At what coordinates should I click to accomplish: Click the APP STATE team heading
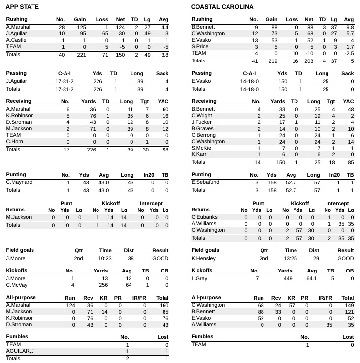pos(22,7)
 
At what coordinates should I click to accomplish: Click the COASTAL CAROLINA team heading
pos(222,7)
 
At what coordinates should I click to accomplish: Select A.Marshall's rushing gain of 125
pos(79,27)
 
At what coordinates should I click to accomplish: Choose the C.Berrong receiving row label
pos(203,135)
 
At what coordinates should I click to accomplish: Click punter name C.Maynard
pos(19,182)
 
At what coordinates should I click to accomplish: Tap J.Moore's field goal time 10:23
pos(105,258)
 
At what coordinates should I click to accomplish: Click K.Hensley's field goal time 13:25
pos(291,258)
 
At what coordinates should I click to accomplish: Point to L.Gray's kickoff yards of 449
pos(285,278)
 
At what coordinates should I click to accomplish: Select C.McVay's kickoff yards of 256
pos(100,285)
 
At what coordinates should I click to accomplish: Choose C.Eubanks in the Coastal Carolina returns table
pos(204,217)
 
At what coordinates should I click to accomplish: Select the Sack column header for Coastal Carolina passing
pos(347,73)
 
